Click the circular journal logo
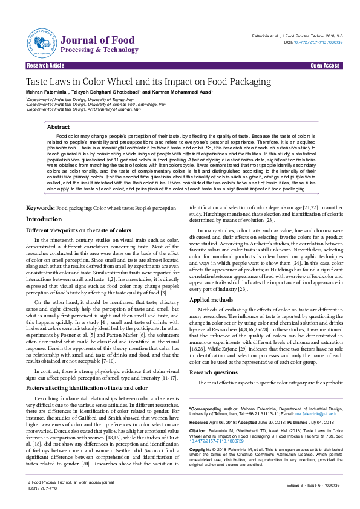point(41,41)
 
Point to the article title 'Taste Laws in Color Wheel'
point(131,82)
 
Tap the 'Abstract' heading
point(58,128)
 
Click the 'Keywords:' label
point(40,207)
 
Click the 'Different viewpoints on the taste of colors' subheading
point(79,230)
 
